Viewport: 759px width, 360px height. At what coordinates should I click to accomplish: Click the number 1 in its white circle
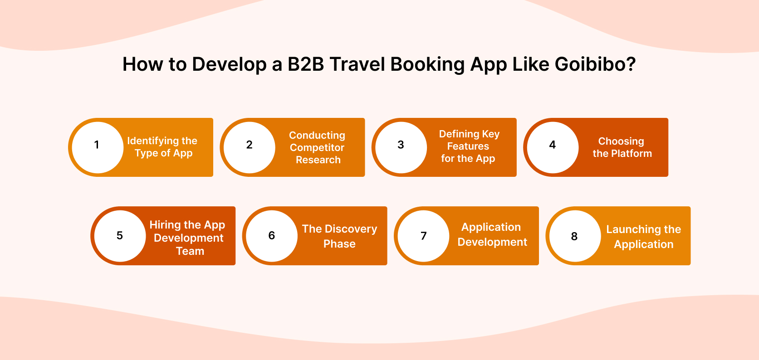(x=97, y=145)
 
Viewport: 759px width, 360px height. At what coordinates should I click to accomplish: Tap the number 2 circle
(x=249, y=145)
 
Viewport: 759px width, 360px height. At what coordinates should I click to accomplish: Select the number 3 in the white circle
(x=401, y=145)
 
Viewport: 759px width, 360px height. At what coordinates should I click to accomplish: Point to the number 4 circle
(x=552, y=145)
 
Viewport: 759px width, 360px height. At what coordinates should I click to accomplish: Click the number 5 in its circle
(x=120, y=236)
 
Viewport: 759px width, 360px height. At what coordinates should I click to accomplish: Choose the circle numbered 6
(x=271, y=236)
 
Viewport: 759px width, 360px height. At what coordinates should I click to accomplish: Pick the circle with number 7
(x=423, y=236)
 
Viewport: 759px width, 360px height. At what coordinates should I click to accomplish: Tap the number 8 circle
(x=574, y=236)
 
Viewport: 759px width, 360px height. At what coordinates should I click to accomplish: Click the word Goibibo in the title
(x=595, y=64)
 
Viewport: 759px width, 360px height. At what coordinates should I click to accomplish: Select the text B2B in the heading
(x=306, y=64)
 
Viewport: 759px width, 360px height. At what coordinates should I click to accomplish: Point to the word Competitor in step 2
(x=317, y=148)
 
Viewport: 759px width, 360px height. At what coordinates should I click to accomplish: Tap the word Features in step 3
(x=468, y=146)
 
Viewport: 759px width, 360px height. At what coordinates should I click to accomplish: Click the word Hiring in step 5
(x=165, y=225)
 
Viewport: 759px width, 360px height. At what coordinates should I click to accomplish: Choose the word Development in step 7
(x=492, y=242)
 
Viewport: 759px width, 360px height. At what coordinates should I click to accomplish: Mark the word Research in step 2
(x=318, y=160)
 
